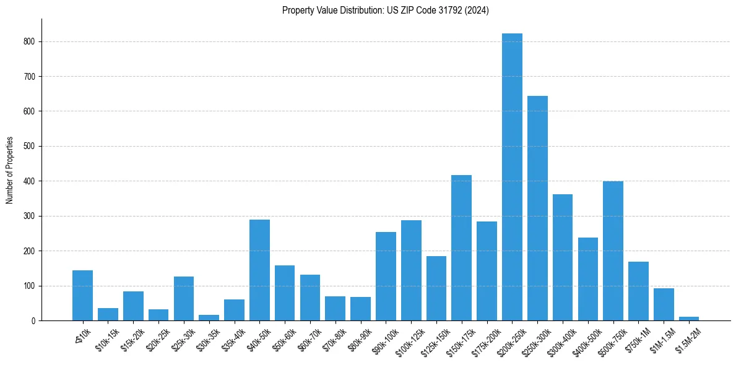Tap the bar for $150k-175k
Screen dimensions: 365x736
point(461,247)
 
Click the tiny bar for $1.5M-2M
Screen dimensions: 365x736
point(688,319)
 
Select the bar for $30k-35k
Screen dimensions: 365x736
point(209,318)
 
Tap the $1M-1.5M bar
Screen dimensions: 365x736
point(664,304)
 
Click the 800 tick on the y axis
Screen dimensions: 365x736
point(30,41)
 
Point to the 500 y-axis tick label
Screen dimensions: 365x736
point(30,147)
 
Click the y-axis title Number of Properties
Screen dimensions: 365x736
point(9,170)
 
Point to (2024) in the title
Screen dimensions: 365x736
point(476,11)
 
